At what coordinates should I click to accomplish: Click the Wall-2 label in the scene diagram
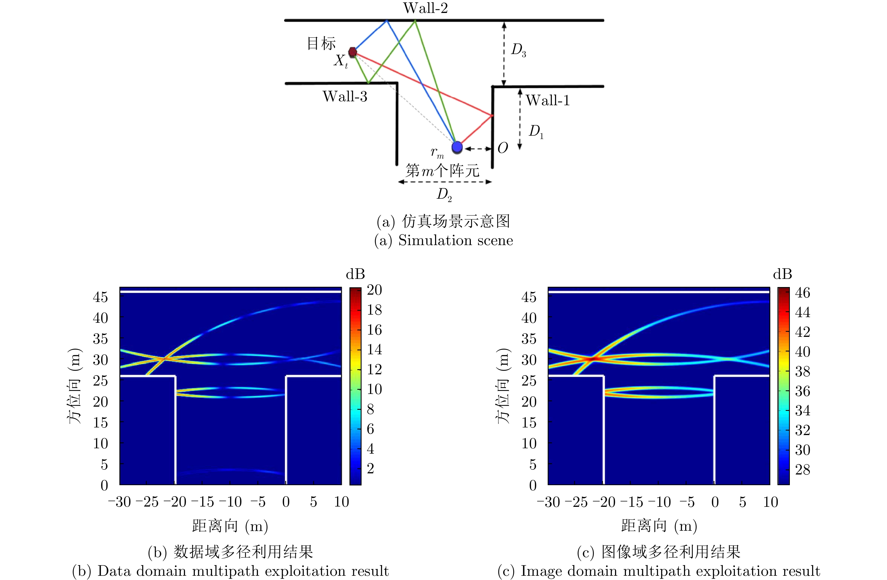click(425, 8)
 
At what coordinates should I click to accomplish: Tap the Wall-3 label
click(345, 97)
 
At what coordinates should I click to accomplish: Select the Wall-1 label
click(547, 100)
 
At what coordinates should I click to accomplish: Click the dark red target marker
click(352, 52)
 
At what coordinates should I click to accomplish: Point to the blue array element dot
click(457, 147)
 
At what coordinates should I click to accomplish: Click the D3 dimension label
click(518, 50)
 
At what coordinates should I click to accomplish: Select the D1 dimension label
click(536, 131)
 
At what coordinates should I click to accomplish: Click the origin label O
click(503, 148)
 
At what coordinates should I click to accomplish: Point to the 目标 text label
click(321, 43)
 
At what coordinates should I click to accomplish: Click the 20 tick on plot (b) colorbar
click(374, 290)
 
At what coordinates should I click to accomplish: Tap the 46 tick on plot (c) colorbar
click(803, 293)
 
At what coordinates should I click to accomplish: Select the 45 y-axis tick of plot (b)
click(100, 297)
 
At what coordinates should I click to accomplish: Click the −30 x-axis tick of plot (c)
click(548, 502)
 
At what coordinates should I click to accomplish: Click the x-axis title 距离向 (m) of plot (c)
click(659, 526)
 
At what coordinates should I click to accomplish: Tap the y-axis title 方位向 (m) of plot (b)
click(75, 386)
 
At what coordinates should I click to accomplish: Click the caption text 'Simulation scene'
click(455, 240)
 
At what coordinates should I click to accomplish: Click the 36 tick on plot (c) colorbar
click(803, 391)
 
